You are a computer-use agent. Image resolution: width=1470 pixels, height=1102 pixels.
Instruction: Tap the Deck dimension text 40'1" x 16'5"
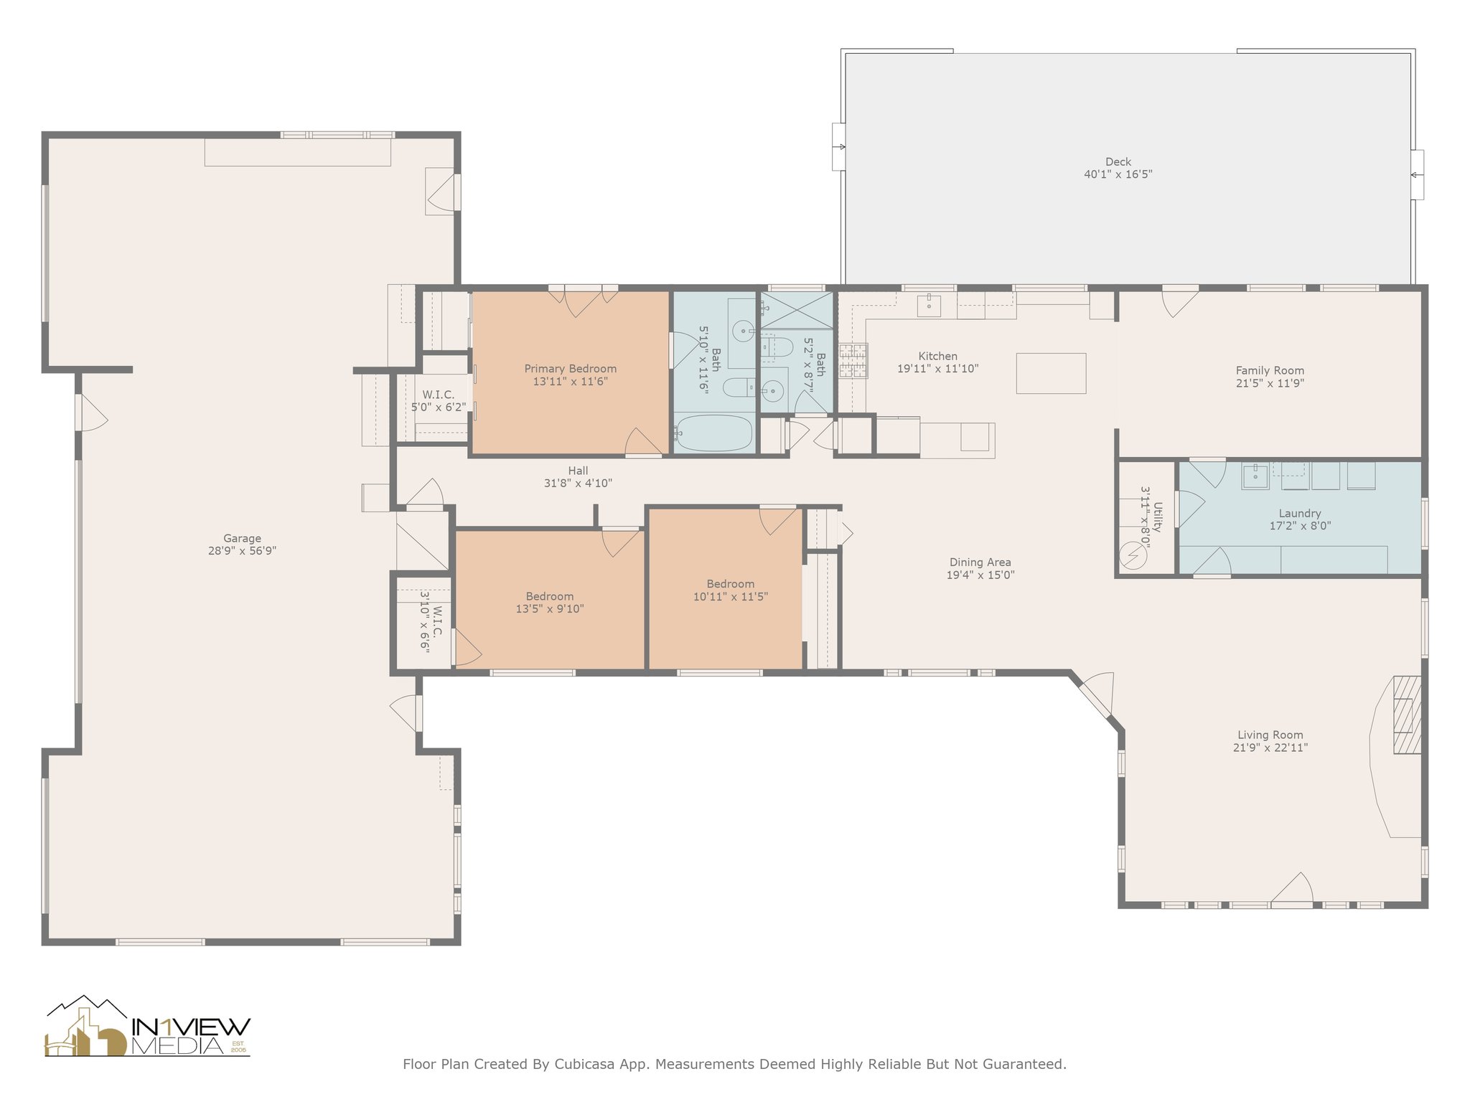(x=1118, y=174)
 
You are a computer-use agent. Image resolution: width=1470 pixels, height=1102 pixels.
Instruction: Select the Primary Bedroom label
(x=571, y=369)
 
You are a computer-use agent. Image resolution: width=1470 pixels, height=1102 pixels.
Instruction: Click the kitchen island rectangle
(x=1051, y=373)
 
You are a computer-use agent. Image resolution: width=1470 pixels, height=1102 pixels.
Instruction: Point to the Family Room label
(x=1270, y=370)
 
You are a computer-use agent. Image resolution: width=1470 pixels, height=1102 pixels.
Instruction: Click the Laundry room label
(x=1300, y=513)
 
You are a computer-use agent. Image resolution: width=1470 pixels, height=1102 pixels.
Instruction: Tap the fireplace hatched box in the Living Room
(x=1407, y=715)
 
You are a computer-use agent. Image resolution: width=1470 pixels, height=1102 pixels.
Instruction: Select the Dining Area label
(x=980, y=562)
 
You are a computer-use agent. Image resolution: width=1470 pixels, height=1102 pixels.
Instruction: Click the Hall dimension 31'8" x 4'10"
(x=578, y=484)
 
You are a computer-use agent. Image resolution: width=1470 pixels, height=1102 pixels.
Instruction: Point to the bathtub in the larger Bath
(x=715, y=433)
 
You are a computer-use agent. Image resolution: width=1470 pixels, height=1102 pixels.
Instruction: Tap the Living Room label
(x=1270, y=735)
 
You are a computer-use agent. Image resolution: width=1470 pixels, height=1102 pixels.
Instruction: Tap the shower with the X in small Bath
(x=797, y=310)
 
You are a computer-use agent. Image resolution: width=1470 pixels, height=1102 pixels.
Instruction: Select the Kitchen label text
(x=937, y=356)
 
